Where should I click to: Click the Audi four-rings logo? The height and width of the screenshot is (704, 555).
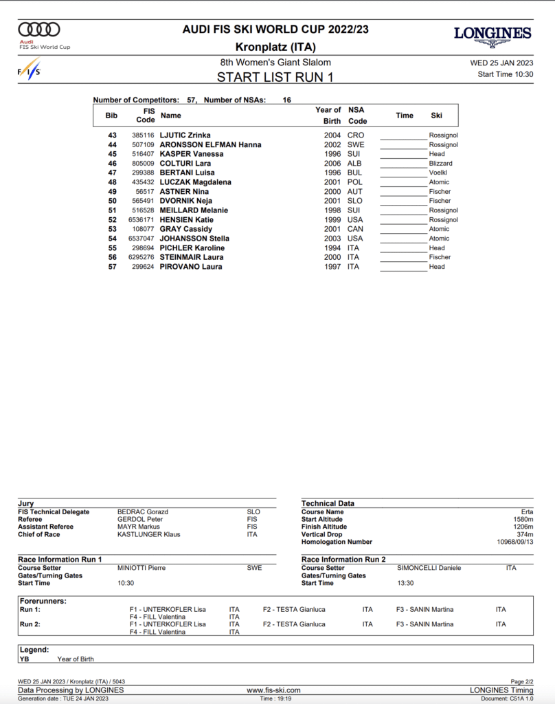click(39, 30)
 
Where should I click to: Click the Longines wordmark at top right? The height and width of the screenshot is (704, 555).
click(492, 34)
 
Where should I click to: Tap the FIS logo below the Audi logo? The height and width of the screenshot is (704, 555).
click(30, 69)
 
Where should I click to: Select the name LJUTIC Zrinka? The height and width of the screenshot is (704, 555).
click(185, 135)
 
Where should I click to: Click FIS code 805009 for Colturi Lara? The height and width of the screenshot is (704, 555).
click(143, 164)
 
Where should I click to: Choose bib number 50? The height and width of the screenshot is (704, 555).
click(111, 201)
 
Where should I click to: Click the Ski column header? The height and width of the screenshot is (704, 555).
click(437, 115)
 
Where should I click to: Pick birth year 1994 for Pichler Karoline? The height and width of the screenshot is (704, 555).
click(332, 247)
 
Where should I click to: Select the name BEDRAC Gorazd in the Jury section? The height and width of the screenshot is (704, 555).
click(143, 512)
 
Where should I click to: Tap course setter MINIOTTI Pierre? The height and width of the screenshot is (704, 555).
click(141, 568)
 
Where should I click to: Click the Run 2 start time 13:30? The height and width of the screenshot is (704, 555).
click(405, 583)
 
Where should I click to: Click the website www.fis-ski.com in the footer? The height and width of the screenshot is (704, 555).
click(273, 690)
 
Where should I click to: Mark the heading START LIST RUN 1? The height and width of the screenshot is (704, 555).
click(275, 77)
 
